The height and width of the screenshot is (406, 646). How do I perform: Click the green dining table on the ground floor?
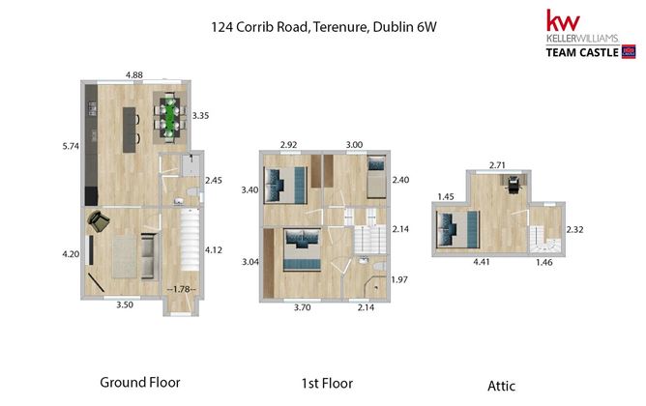pyautogui.click(x=169, y=117)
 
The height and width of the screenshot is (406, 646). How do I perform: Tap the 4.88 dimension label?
pyautogui.click(x=134, y=75)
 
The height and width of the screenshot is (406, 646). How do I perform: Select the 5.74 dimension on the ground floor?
pyautogui.click(x=71, y=146)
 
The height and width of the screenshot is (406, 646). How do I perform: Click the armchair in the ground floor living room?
pyautogui.click(x=99, y=220)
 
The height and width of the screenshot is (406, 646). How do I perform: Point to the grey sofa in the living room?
pyautogui.click(x=148, y=256)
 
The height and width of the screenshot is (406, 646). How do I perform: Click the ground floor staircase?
pyautogui.click(x=191, y=240)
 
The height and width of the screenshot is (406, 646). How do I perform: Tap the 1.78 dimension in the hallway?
pyautogui.click(x=182, y=289)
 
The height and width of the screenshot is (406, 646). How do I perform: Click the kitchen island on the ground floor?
pyautogui.click(x=130, y=130)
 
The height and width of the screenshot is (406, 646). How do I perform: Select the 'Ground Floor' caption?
pyautogui.click(x=140, y=382)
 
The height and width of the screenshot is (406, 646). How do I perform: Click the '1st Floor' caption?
pyautogui.click(x=327, y=384)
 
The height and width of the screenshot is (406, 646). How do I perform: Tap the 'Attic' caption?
pyautogui.click(x=501, y=387)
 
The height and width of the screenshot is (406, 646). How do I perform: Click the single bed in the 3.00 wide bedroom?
pyautogui.click(x=376, y=177)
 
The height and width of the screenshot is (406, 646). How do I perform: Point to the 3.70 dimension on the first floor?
pyautogui.click(x=303, y=307)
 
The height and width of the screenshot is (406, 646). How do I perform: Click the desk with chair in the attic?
pyautogui.click(x=514, y=183)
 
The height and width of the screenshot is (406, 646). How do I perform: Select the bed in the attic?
pyautogui.click(x=458, y=229)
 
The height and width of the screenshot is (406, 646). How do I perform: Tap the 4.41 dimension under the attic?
pyautogui.click(x=482, y=262)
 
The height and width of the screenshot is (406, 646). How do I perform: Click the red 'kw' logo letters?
pyautogui.click(x=563, y=20)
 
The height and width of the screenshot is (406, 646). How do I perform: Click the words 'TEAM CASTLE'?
pyautogui.click(x=582, y=52)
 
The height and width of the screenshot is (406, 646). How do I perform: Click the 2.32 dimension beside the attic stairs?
pyautogui.click(x=574, y=229)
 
